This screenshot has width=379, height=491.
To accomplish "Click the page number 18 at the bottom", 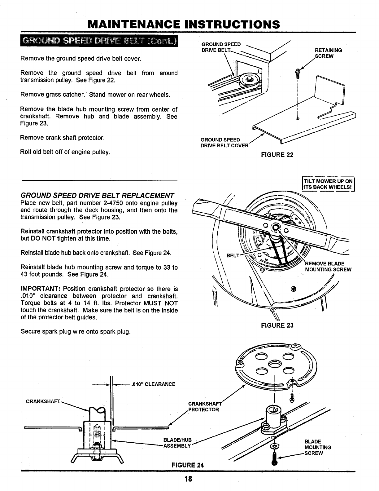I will (x=188, y=479).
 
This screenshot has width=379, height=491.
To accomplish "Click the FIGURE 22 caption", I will (x=277, y=154).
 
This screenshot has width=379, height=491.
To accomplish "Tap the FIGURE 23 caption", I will (x=277, y=325).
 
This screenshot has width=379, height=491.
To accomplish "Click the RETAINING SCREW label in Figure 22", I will (x=328, y=53).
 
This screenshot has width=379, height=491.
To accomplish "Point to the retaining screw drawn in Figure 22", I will (x=298, y=73).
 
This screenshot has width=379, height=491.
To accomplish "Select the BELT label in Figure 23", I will (x=233, y=256).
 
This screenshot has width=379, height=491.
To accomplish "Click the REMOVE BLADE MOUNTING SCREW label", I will (x=328, y=267).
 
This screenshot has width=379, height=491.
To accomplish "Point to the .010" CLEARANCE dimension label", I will (x=153, y=384).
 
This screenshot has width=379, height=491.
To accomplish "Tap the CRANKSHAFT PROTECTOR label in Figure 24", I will (x=204, y=407).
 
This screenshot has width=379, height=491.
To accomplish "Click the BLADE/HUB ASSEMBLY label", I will (x=178, y=443).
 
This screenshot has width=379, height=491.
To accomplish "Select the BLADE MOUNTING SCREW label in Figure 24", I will (x=318, y=447).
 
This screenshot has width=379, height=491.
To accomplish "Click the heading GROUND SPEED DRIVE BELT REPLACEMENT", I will (x=97, y=196).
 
